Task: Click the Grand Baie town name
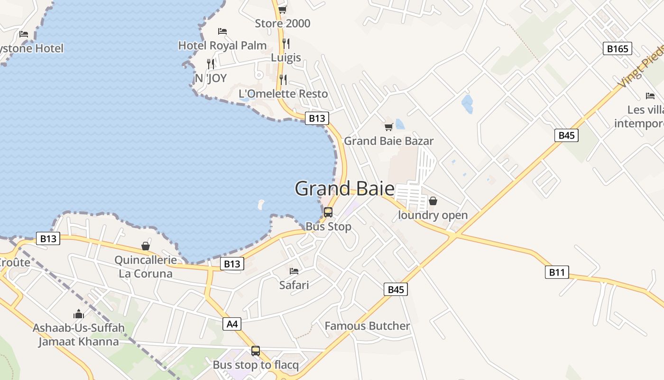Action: click(344, 189)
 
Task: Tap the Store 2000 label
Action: click(282, 23)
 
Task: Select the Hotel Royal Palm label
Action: click(222, 46)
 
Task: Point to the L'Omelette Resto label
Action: click(283, 94)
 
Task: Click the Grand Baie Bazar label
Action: click(388, 141)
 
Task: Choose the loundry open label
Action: click(433, 215)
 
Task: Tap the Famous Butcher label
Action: click(367, 326)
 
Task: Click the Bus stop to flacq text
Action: click(256, 365)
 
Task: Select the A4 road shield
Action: click(231, 324)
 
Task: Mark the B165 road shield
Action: click(618, 48)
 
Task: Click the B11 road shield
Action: click(557, 272)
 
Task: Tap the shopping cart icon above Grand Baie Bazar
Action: click(388, 127)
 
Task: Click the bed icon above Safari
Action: click(294, 271)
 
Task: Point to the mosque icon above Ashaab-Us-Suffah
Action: click(78, 314)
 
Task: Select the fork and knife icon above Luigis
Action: click(286, 44)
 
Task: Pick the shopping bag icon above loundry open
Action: click(433, 201)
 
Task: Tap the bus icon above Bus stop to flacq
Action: click(256, 351)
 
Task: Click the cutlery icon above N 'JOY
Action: click(211, 64)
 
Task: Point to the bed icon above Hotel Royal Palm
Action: click(222, 31)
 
